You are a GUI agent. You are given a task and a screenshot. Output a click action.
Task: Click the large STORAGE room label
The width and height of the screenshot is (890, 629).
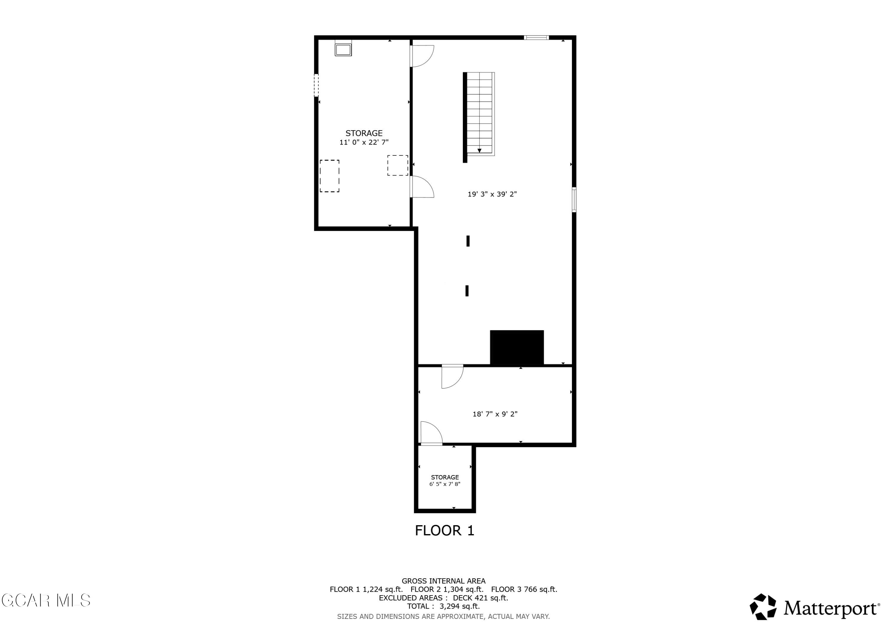point(364,133)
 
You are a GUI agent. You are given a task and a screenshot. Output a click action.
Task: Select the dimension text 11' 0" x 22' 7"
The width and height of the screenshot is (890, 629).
point(364,142)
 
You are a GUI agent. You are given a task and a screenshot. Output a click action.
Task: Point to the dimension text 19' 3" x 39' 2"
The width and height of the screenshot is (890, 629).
point(492,194)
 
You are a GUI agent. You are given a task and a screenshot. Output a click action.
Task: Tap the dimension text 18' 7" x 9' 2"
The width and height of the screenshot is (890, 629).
point(495,414)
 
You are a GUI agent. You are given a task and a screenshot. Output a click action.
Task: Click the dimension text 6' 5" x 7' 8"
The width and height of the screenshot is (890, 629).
point(445,484)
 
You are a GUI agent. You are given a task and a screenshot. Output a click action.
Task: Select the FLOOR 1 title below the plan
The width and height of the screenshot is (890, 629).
point(445,531)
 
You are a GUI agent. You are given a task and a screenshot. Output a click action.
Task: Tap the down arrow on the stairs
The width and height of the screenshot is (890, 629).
point(479,150)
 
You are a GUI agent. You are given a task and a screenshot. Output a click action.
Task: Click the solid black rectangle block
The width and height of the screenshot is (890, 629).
point(517,347)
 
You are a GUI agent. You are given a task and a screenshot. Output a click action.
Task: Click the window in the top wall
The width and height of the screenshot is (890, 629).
point(536,38)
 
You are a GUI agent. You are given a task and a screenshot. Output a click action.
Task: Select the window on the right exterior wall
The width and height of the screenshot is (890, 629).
point(574,200)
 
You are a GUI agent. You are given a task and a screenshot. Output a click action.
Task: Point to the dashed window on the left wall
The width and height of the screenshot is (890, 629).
point(316,85)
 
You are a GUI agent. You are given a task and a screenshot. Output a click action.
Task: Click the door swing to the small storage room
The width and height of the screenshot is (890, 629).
point(431,432)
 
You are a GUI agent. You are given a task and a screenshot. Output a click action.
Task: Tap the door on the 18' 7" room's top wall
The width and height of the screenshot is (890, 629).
point(452,376)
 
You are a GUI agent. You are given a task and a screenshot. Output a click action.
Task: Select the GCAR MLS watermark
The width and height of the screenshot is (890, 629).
point(46,600)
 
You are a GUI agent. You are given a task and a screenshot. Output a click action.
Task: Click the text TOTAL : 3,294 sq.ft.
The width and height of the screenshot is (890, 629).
point(444,606)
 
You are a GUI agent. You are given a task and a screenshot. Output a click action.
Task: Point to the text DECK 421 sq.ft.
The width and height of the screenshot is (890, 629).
point(480,598)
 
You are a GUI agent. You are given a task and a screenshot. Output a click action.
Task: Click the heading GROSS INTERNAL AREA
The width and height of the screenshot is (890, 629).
point(444,581)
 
